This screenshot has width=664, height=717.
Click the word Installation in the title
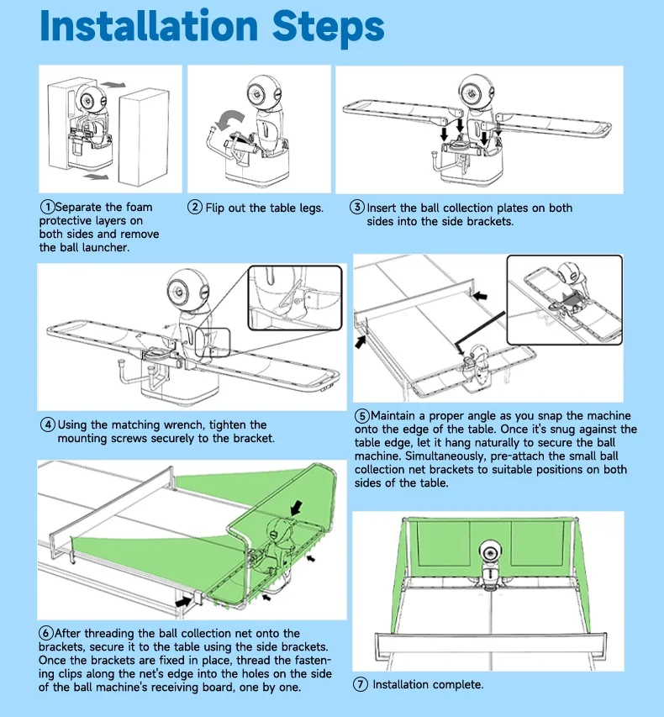(x=149, y=26)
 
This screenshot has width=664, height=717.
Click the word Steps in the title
(x=328, y=29)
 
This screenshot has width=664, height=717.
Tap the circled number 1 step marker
(x=48, y=207)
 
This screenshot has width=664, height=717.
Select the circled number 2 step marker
(x=195, y=207)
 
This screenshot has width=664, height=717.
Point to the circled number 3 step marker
(x=356, y=207)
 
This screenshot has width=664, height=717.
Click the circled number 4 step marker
(x=48, y=424)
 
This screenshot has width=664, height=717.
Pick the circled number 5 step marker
(x=361, y=416)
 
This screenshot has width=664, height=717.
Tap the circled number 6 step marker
(x=45, y=634)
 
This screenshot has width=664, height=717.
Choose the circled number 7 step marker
(x=361, y=684)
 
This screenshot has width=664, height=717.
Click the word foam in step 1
(x=139, y=207)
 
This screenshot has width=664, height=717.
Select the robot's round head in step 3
(x=476, y=92)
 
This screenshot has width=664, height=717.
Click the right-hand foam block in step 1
(x=144, y=137)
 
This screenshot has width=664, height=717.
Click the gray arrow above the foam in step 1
(x=113, y=85)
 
